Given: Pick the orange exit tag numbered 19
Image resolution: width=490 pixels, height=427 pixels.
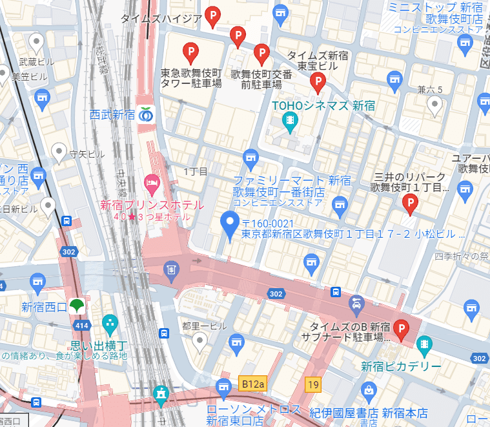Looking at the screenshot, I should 313,385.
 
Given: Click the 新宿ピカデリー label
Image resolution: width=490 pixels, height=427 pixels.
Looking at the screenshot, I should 401,367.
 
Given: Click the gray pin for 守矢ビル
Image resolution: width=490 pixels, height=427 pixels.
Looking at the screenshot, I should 59,151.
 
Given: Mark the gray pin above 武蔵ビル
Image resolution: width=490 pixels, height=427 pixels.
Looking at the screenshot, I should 36,43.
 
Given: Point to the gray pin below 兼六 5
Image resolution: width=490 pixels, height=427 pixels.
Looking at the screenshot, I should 435,104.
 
